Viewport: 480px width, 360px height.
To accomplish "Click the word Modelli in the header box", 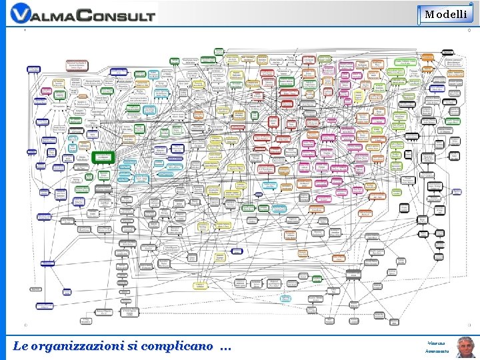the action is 446,14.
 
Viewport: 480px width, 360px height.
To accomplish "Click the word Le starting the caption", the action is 20,346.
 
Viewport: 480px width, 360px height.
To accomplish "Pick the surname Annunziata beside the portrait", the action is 437,351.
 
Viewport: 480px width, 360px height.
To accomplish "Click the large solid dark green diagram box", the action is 104,158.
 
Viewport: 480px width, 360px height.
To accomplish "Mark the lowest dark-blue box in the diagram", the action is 44,306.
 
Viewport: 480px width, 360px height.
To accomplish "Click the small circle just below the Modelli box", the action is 469,30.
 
